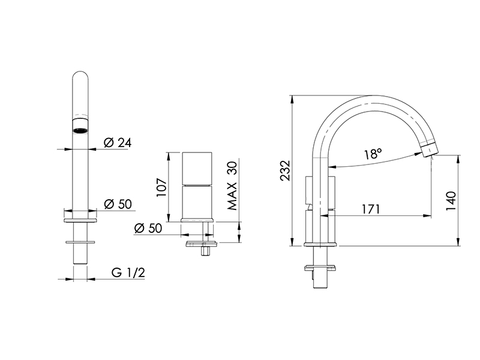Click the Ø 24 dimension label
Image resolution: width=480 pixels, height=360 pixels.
118,143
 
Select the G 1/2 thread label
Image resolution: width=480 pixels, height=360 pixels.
128,272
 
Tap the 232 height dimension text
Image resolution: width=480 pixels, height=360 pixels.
286,170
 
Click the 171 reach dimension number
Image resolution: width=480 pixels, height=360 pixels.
371,209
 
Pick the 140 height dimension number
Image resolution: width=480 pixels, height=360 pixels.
451,201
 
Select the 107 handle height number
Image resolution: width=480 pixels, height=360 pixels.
161,187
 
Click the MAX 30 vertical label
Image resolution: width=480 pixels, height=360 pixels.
232,185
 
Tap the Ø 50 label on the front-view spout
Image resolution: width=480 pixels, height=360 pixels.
118,204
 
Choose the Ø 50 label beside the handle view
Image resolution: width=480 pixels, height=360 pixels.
148,228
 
